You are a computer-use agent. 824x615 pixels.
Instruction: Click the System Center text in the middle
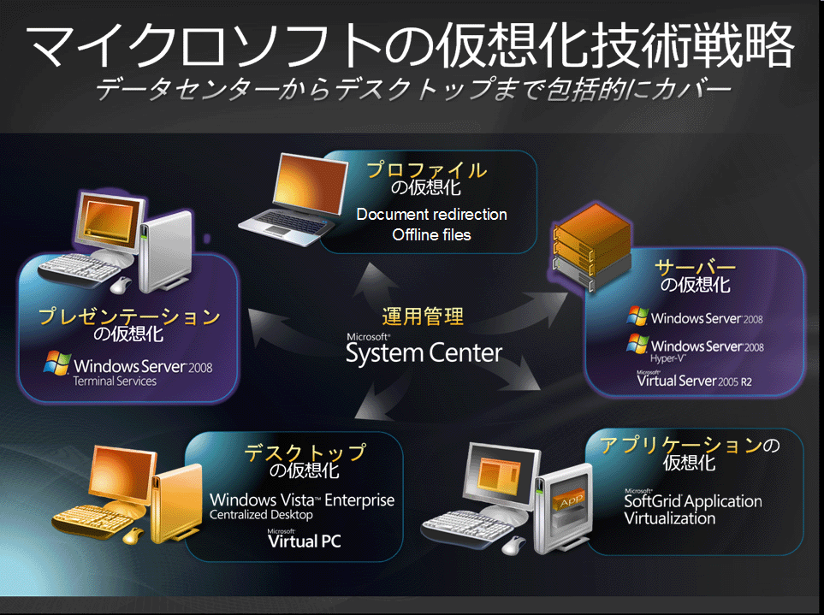click(x=424, y=352)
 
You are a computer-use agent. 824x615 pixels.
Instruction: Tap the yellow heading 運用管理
click(x=423, y=316)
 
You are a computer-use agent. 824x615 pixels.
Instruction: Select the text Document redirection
click(x=431, y=214)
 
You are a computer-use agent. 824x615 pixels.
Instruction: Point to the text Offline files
click(x=431, y=234)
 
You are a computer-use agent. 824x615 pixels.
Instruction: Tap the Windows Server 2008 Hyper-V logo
click(x=695, y=347)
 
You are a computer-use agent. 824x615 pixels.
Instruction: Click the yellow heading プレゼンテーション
click(x=129, y=316)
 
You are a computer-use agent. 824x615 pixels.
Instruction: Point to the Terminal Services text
click(x=115, y=381)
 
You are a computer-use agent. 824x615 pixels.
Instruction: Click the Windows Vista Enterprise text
click(x=302, y=500)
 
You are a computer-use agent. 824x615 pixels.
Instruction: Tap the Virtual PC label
click(x=304, y=541)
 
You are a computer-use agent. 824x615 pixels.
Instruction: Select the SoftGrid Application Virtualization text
click(x=692, y=509)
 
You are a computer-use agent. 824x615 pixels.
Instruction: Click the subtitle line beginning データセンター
click(x=413, y=89)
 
